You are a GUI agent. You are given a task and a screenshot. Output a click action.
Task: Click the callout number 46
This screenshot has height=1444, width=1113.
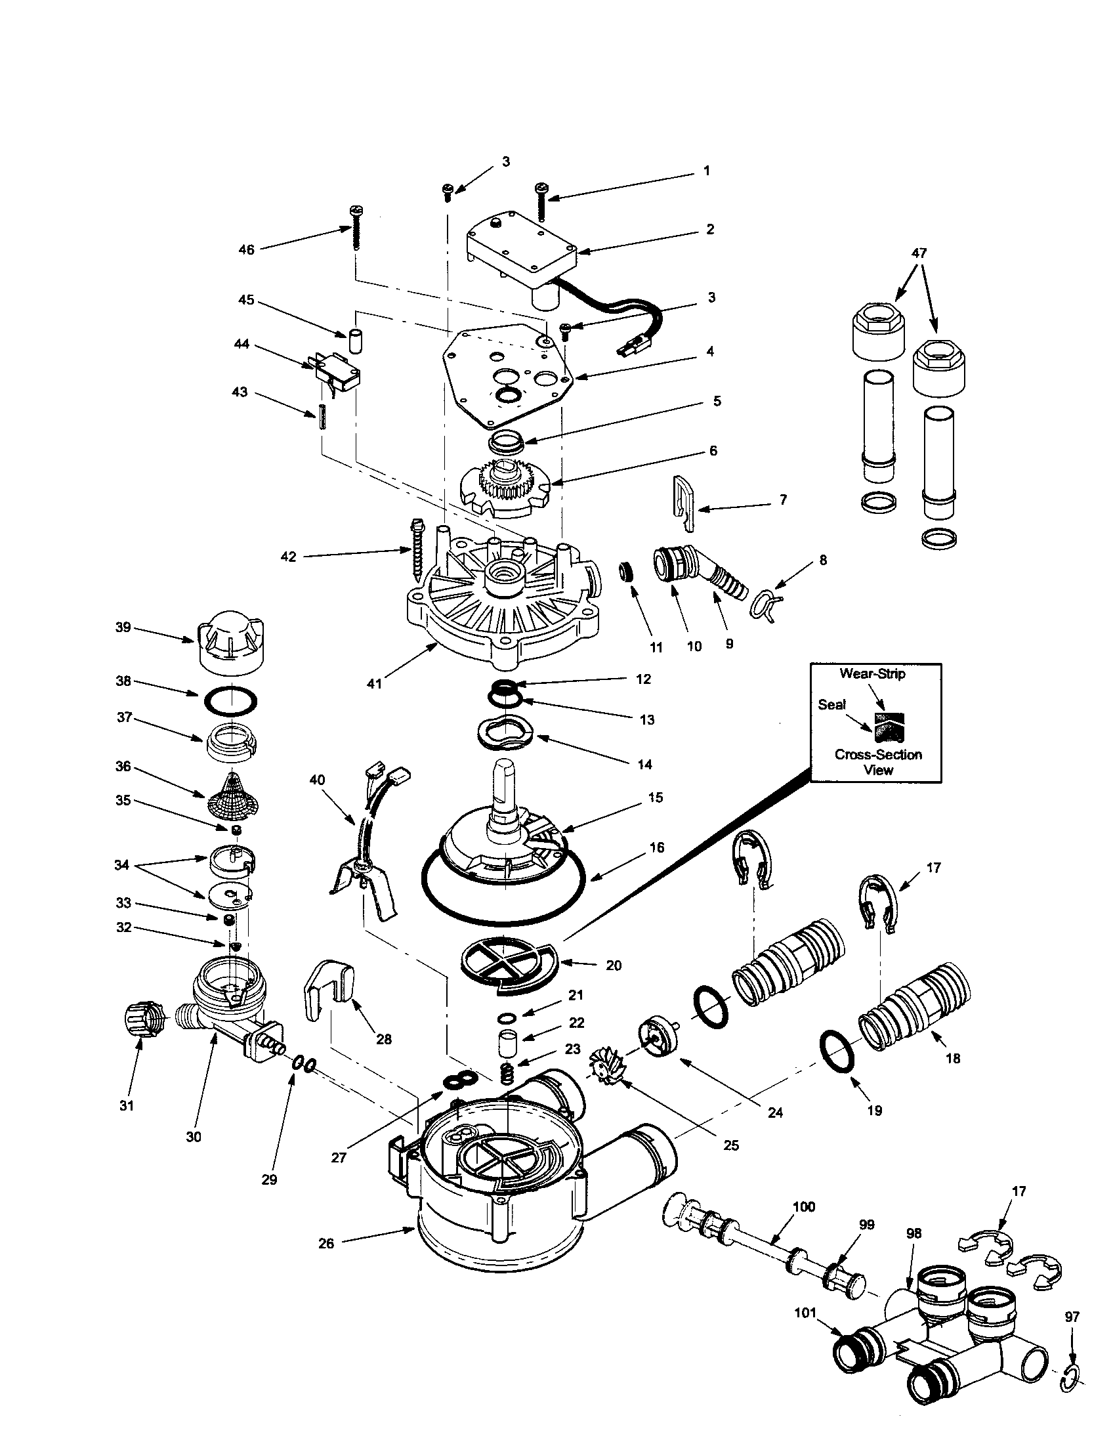pos(246,250)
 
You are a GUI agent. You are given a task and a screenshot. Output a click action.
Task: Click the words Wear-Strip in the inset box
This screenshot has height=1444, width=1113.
pos(872,673)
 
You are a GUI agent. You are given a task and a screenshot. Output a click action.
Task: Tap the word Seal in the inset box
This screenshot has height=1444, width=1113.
pos(831,705)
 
